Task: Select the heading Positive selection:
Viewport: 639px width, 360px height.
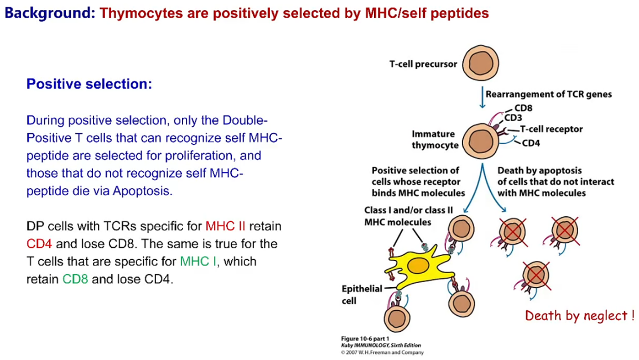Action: click(89, 84)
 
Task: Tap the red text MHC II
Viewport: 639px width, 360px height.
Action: click(225, 226)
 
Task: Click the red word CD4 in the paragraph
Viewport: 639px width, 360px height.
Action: click(39, 243)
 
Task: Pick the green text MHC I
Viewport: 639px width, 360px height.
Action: click(198, 261)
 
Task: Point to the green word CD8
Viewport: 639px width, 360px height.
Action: click(75, 279)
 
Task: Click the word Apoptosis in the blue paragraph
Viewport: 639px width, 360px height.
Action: click(141, 191)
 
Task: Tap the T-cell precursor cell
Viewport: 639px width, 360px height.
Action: click(480, 63)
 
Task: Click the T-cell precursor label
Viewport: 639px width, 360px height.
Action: click(423, 64)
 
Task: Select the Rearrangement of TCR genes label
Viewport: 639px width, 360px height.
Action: click(548, 95)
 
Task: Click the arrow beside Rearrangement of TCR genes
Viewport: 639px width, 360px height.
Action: click(482, 97)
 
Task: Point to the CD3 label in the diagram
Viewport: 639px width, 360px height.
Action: click(513, 118)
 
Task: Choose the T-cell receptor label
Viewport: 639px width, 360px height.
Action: click(552, 129)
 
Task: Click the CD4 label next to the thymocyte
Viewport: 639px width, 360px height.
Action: click(531, 143)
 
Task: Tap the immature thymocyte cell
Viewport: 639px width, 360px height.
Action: click(480, 141)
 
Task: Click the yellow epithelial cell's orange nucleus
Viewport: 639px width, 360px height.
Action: click(418, 266)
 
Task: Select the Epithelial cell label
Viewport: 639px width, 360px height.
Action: click(362, 294)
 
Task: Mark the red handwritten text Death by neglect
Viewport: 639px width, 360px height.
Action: click(579, 316)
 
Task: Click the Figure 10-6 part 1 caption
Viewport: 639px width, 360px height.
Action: click(365, 338)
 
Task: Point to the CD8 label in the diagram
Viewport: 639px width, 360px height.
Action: click(523, 108)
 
